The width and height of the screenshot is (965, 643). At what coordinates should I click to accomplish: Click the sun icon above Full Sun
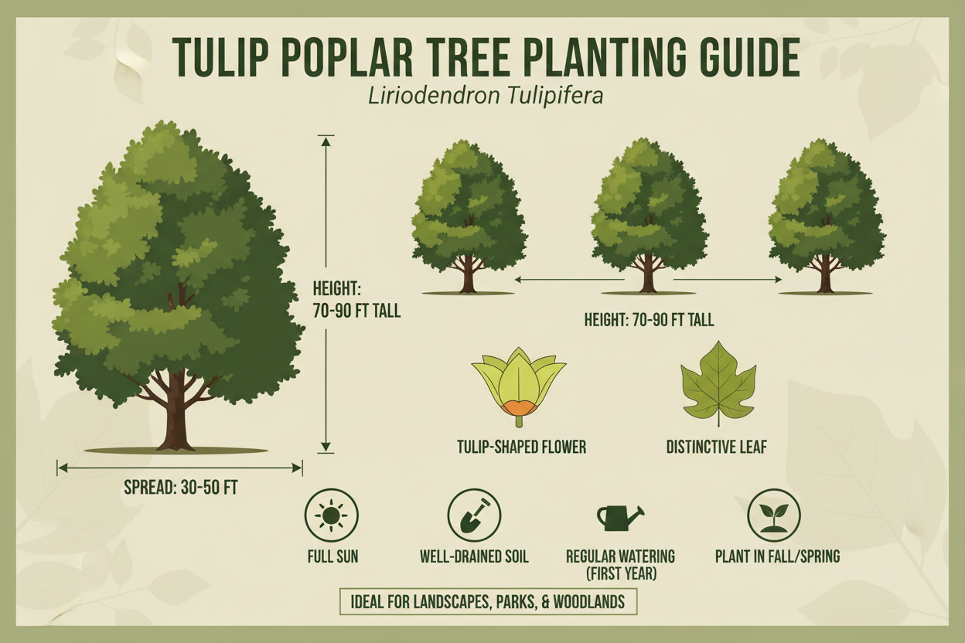click(332, 515)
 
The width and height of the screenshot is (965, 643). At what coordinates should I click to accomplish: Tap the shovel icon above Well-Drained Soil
click(474, 515)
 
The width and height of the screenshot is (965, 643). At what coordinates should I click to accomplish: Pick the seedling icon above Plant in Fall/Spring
click(773, 515)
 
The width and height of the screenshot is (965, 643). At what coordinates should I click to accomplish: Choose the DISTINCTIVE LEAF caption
click(717, 447)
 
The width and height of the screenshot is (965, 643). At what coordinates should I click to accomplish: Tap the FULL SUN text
click(332, 556)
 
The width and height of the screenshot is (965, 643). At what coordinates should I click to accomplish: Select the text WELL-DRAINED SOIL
click(474, 556)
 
